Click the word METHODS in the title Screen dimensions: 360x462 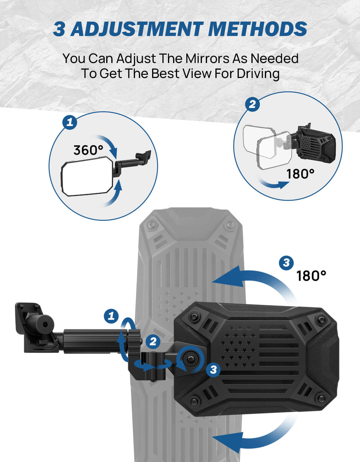258,29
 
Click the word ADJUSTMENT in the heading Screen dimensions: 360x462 137,29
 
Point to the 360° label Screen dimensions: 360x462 88,150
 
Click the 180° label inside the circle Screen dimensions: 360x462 300,174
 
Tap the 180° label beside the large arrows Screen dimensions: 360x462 311,276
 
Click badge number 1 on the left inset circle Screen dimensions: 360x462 70,122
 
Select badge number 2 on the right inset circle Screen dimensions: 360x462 252,104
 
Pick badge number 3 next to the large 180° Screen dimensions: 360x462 286,263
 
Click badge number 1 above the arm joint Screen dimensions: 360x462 111,316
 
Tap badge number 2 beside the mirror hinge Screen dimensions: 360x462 153,342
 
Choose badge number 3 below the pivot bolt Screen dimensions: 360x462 213,370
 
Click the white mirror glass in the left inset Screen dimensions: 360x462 87,177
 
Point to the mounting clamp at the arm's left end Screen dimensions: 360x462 36,327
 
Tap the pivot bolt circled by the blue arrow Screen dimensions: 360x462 190,359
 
